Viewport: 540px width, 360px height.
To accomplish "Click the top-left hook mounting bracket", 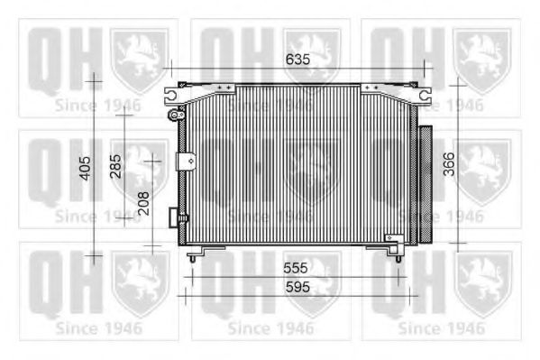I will (171, 92).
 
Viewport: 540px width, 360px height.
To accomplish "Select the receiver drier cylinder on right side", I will (423, 185).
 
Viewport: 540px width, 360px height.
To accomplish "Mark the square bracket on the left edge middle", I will (188, 161).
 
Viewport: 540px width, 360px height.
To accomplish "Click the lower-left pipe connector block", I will (176, 217).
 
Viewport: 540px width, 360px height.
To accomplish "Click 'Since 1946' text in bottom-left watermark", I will (98, 328).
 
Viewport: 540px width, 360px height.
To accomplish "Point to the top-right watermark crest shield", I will (481, 59).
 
